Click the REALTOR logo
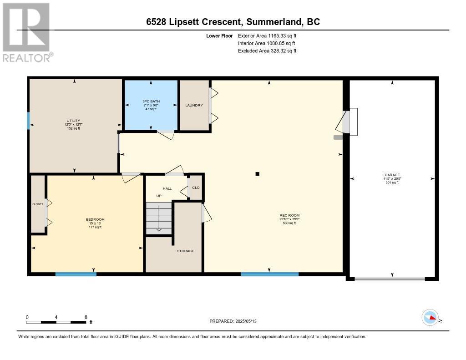coord(26,32)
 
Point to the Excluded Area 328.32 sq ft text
coord(267,51)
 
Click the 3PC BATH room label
coord(151,101)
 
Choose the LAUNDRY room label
coord(194,106)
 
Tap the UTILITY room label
coord(73,121)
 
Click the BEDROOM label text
coord(95,219)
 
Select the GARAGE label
coord(392,175)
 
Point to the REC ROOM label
coord(289,215)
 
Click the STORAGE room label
coord(186,251)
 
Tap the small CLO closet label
coord(196,188)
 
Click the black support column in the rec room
coord(257,173)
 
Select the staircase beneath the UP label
coord(158,218)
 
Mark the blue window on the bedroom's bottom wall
coord(76,274)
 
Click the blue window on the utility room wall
coord(28,121)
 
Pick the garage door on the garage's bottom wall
coord(390,279)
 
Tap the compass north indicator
coord(431,318)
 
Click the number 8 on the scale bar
coord(86,317)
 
